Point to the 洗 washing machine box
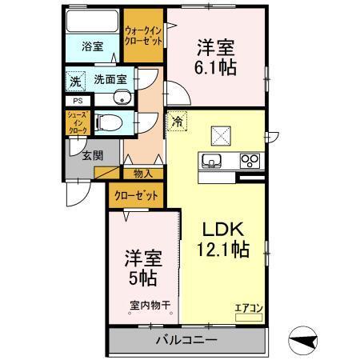74,80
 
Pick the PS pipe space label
78,102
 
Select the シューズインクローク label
78,122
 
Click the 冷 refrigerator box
176,122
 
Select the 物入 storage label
143,173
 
